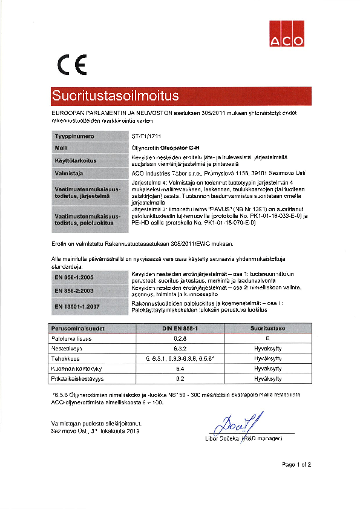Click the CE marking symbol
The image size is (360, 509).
(x=72, y=64)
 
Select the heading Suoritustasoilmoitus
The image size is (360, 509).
(x=115, y=96)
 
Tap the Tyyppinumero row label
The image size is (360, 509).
(x=74, y=136)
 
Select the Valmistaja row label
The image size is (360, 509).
(x=68, y=173)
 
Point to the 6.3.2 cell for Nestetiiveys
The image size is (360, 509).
(x=180, y=348)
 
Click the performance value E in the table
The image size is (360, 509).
(x=267, y=338)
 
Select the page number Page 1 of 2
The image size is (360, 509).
(x=296, y=465)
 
